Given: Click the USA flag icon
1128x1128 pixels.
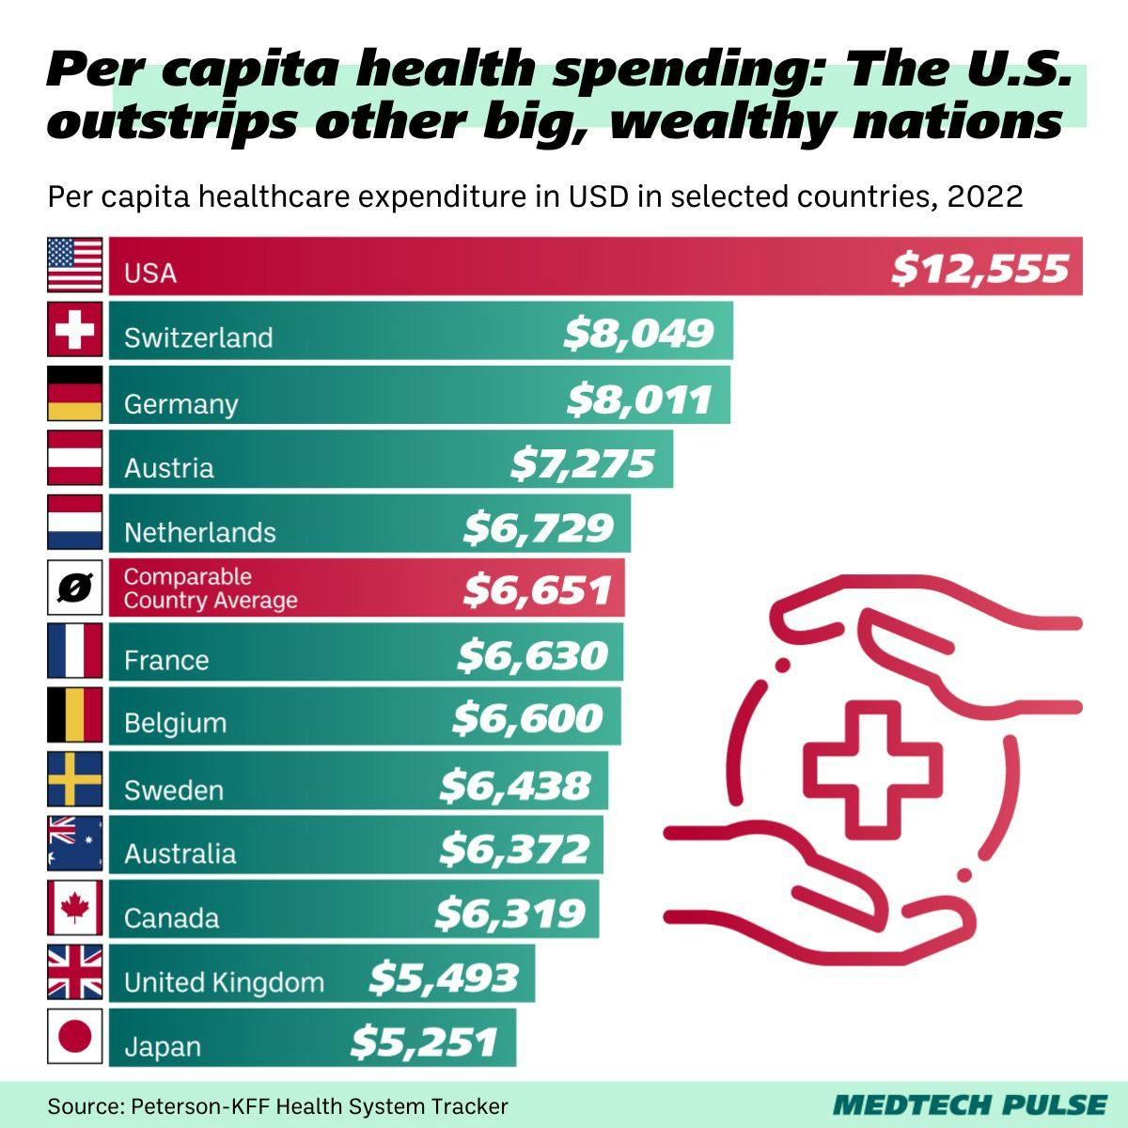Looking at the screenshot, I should click(x=74, y=265).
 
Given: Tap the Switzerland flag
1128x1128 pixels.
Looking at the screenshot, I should click(x=74, y=330).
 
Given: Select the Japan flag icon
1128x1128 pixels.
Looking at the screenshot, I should click(x=74, y=1038).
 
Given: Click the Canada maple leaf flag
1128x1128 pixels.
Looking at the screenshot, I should click(x=74, y=909).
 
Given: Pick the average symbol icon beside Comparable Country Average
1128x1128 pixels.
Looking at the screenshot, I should click(x=74, y=587).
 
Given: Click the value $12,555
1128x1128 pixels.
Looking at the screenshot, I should click(x=980, y=269).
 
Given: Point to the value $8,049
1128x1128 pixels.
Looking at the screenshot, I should click(x=638, y=334).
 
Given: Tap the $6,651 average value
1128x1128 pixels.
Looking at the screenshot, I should click(x=538, y=590).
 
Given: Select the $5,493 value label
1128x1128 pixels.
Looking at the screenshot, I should click(x=443, y=978).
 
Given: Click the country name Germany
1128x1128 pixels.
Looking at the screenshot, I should click(x=181, y=404).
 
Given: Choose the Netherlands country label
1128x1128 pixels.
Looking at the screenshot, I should click(x=200, y=533).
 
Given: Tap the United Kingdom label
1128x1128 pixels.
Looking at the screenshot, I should click(x=224, y=983).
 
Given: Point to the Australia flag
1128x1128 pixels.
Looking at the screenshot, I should click(x=74, y=843).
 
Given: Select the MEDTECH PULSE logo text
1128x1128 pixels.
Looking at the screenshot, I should click(x=970, y=1104).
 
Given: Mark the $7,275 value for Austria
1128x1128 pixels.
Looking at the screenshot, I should click(x=583, y=463).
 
